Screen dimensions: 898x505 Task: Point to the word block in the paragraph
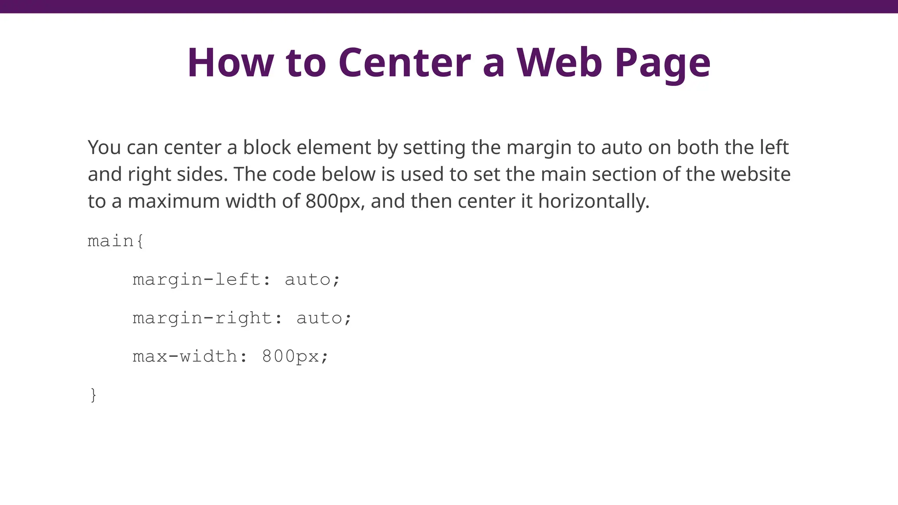[267, 147]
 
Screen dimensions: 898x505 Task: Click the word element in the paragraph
[334, 147]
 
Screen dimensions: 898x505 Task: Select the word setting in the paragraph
[434, 148]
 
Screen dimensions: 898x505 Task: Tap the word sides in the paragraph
[202, 174]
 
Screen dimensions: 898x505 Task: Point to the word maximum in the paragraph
[174, 202]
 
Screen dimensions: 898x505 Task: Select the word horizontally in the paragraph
[593, 202]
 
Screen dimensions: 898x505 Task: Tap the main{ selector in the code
[115, 241]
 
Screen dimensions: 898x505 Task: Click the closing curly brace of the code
[93, 395]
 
